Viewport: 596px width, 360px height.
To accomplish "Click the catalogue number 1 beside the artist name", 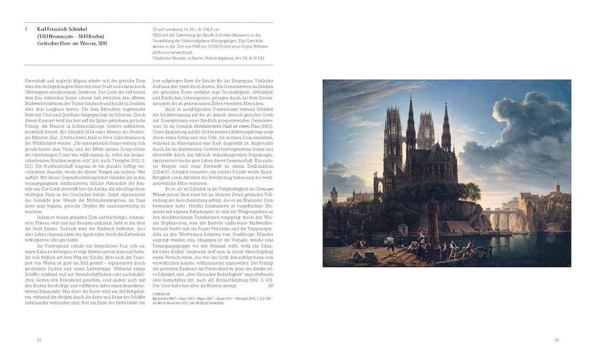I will pos(26,28).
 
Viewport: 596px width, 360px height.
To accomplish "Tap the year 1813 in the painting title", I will pos(102,43).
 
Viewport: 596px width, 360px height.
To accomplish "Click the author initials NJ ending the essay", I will pos(269,286).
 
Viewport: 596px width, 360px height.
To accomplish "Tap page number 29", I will pos(557,340).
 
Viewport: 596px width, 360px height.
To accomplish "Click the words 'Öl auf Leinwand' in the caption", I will pos(161,27).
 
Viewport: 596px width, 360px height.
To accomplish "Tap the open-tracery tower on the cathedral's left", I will pos(391,140).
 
